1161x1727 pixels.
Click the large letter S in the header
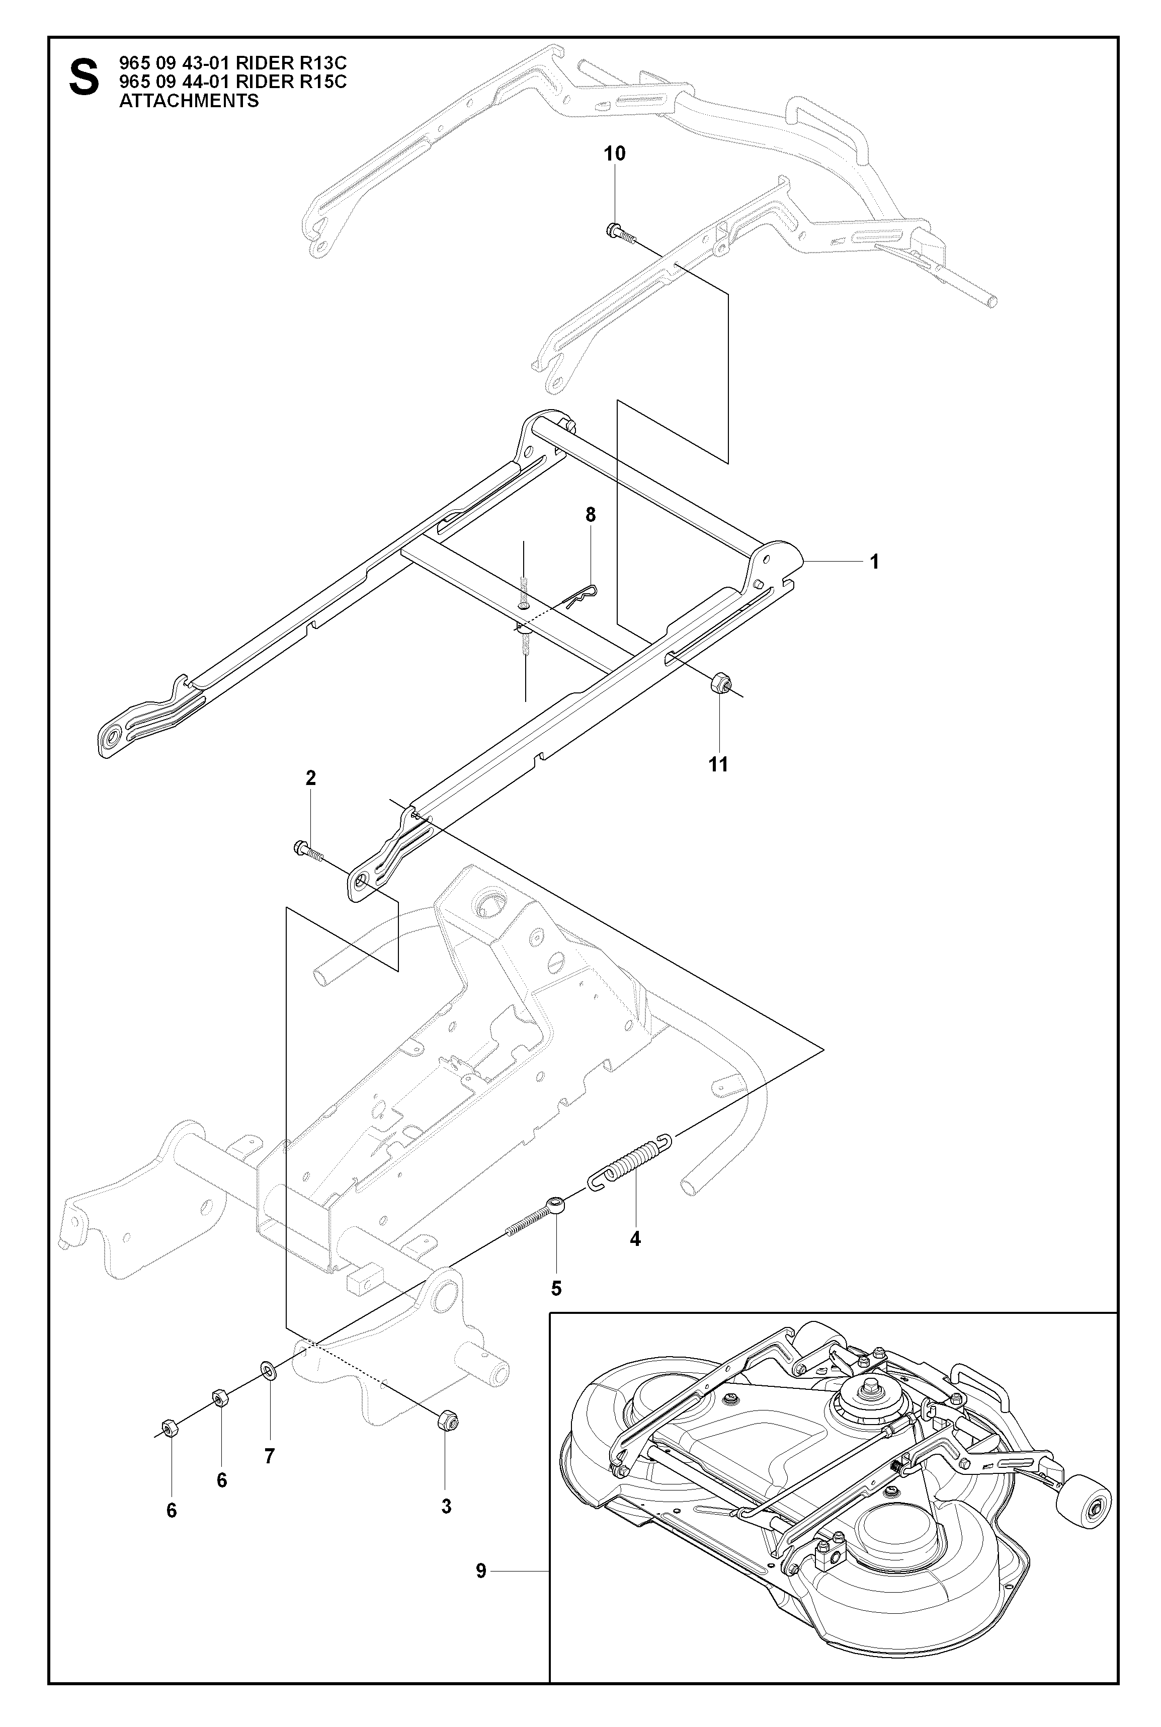click(x=83, y=78)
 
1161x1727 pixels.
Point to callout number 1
click(x=874, y=562)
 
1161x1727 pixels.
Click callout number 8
click(x=590, y=515)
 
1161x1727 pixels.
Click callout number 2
click(x=310, y=777)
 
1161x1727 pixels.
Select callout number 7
click(x=270, y=1456)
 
